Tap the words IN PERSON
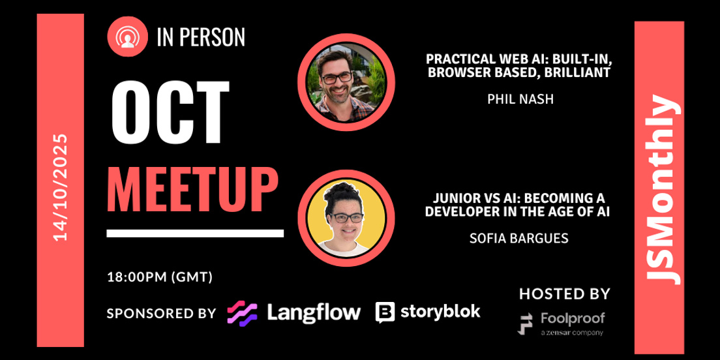[x=201, y=38]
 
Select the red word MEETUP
[x=192, y=190]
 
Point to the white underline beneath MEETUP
[x=195, y=233]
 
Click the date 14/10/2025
[x=61, y=187]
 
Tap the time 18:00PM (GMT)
[x=160, y=277]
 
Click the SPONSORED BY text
[x=161, y=313]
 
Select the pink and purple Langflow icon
[x=242, y=313]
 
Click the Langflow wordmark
[x=314, y=312]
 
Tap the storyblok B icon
[x=385, y=312]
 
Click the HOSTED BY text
[x=564, y=294]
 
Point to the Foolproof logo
[x=561, y=323]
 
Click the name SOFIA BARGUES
[x=519, y=239]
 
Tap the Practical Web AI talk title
[x=519, y=66]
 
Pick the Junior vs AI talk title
[x=519, y=205]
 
